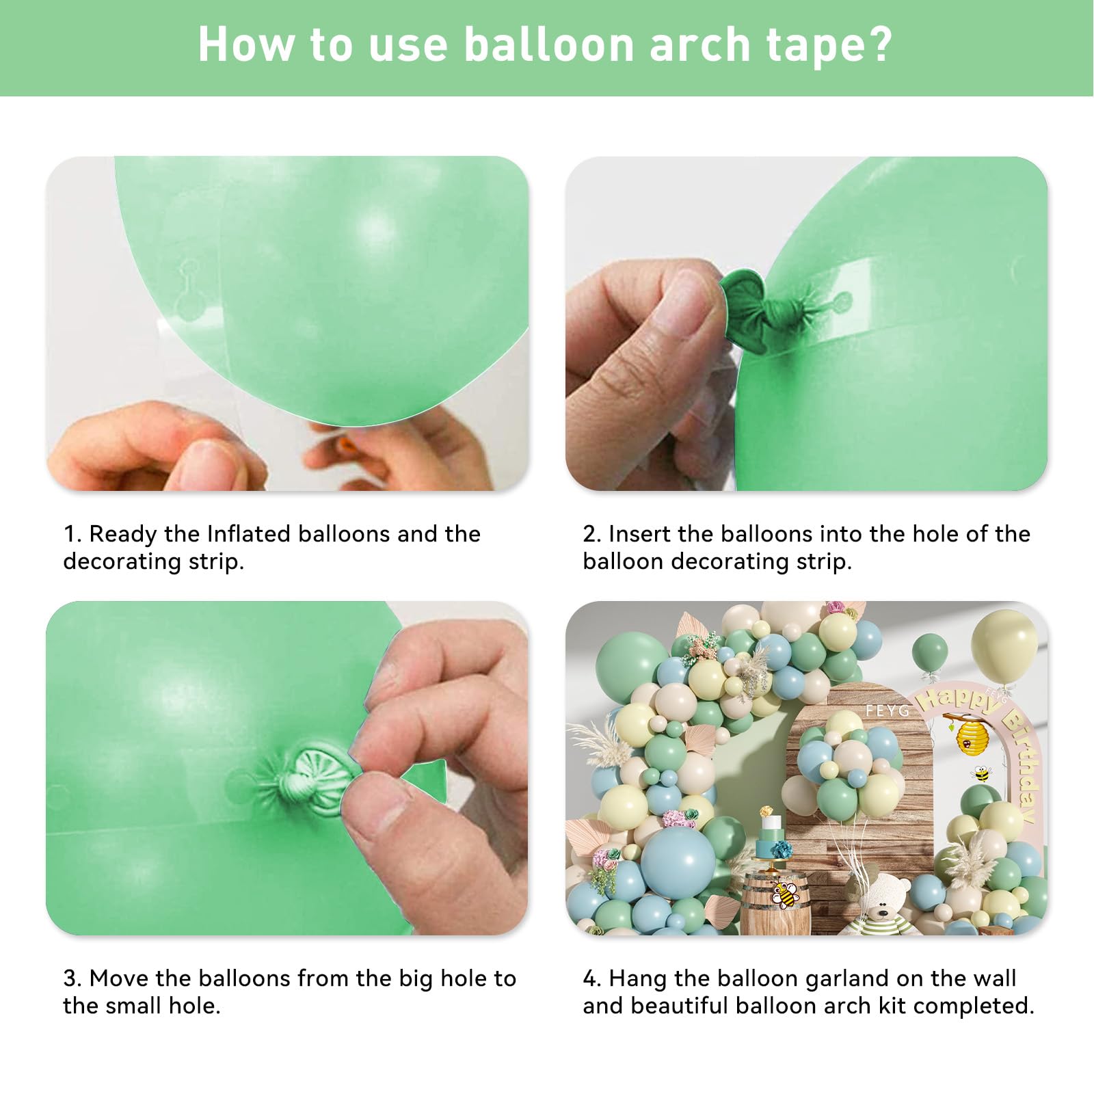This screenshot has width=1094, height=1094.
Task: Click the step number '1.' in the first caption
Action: coord(72,534)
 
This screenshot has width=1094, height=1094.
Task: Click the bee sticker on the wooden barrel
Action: coord(784,893)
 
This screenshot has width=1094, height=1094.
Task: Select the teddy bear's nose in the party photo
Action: coord(883,910)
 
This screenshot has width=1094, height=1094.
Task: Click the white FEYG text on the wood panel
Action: coord(887,711)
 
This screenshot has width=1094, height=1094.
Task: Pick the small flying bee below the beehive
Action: coord(982,774)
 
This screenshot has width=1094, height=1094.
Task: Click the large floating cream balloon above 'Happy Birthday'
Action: coord(1004,645)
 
